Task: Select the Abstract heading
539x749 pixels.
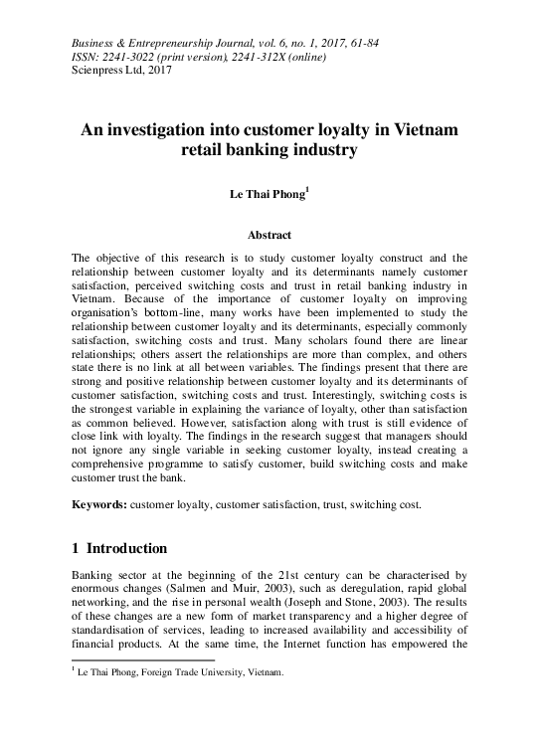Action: [x=269, y=235]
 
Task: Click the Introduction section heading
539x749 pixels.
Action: [x=127, y=548]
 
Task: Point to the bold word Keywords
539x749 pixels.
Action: [x=98, y=504]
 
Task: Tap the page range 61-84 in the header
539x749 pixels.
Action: [x=360, y=44]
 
